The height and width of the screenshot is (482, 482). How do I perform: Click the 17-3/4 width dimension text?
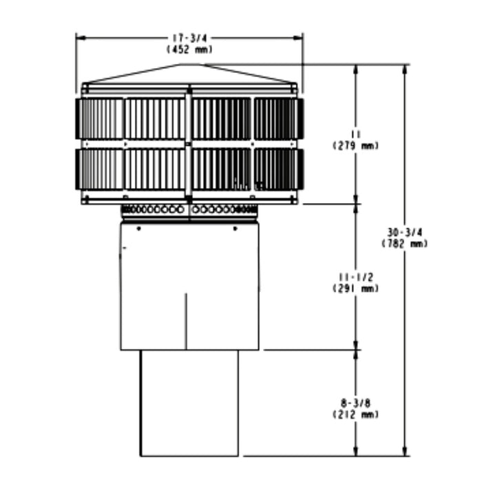pos(189,39)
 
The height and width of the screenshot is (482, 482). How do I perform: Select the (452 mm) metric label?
pos(189,49)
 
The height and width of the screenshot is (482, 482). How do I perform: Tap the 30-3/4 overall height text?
pos(404,234)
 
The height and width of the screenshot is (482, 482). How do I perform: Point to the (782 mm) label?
pos(404,244)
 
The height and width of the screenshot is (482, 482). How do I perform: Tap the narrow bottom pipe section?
pos(189,403)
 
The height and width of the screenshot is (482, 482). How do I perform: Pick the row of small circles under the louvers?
pos(189,208)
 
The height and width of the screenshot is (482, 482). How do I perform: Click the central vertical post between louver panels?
pos(189,145)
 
